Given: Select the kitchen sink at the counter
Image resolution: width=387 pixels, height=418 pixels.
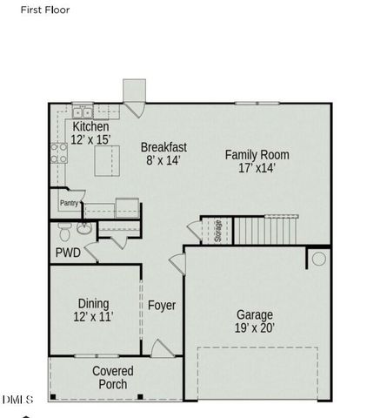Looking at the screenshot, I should pos(83,112).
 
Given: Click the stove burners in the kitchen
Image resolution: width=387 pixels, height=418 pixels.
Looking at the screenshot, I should pos(60,154).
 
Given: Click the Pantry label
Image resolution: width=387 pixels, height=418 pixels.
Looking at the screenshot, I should pos(69,203).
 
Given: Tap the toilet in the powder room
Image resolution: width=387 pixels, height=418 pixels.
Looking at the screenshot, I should pos(63,233).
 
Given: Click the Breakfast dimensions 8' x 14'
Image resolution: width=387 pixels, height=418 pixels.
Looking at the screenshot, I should pos(163,161).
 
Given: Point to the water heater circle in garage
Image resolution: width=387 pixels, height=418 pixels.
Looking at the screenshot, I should pos(319,259).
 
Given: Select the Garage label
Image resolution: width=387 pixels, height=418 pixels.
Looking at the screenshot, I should pos(254,314).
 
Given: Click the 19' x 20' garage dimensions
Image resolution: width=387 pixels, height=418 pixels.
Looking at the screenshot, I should pos(254,328).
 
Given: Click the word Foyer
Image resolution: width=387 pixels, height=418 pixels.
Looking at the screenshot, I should pos(162,306).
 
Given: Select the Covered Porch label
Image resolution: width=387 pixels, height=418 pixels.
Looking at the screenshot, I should pos(113,378).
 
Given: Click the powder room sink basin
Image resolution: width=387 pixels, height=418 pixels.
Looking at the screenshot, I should pos(83,229).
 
